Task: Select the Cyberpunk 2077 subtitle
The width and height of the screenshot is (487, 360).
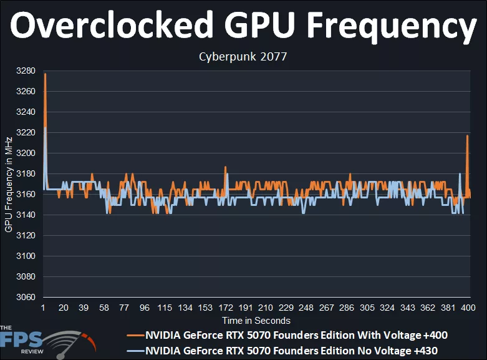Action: coord(243,57)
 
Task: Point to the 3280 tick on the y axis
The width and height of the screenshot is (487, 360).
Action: coord(26,71)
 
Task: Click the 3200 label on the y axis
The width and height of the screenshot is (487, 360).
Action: coord(26,153)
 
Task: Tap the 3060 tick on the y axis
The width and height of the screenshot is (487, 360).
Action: coord(26,298)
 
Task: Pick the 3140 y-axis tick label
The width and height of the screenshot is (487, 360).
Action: coord(26,215)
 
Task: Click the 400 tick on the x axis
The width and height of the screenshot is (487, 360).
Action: coord(469,308)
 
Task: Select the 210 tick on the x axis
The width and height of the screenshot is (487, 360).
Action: coord(266,308)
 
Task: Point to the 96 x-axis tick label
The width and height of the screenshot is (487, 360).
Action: coord(145,308)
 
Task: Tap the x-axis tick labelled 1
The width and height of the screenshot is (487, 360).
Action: coord(43,308)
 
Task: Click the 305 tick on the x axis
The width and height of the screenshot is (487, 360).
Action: coord(367,308)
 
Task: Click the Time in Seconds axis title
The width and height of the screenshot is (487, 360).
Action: coord(256,321)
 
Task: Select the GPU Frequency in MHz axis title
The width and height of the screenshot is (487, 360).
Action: coord(9,184)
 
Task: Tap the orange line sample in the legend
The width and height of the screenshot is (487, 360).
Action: coord(135,335)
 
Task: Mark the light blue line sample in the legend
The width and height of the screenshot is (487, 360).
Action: coord(135,351)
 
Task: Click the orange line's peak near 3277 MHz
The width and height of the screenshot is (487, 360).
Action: coord(45,74)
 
